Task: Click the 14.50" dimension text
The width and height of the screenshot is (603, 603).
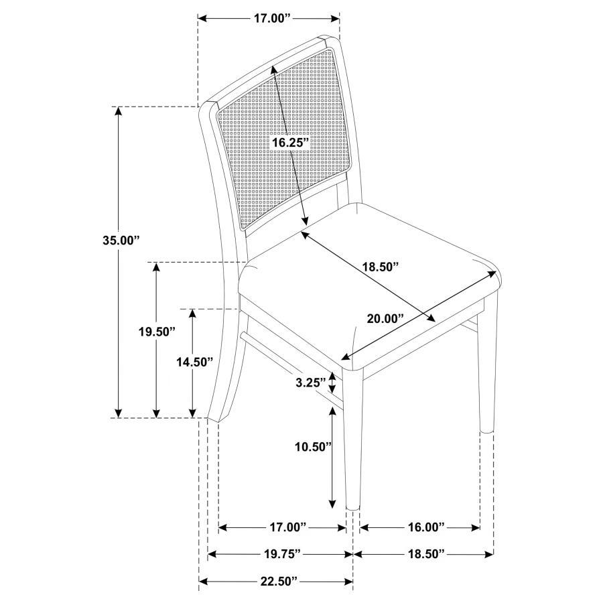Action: click(194, 362)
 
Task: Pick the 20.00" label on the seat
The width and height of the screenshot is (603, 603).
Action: click(386, 318)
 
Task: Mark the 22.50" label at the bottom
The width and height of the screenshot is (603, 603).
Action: click(276, 581)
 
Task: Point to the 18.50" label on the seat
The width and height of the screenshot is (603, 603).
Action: click(381, 266)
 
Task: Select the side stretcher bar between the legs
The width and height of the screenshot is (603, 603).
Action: click(288, 365)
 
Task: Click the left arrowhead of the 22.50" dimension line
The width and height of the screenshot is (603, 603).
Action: click(203, 581)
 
